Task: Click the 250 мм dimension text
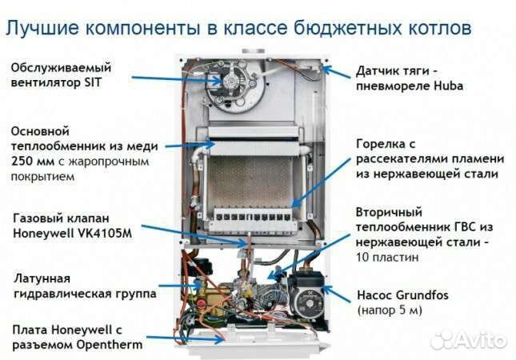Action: pos(28,162)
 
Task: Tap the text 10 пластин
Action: pos(386,258)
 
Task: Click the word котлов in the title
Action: pos(434,30)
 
